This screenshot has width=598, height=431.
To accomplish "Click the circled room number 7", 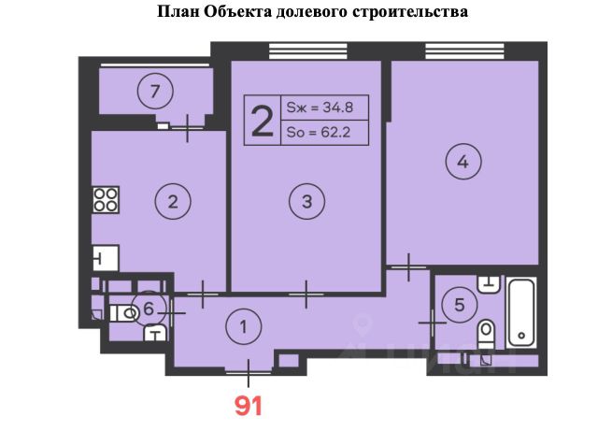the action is (x=155, y=92).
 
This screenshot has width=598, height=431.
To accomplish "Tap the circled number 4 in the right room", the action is (x=463, y=162).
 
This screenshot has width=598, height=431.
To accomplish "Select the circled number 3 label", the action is (x=307, y=201).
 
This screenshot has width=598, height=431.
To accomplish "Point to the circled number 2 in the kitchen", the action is (x=173, y=201).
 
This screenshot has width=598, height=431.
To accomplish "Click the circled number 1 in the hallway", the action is (x=243, y=327).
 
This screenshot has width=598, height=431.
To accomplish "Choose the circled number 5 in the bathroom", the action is (x=460, y=305).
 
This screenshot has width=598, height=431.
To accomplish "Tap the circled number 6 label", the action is (x=149, y=309).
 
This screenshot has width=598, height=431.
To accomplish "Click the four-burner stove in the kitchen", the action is (x=106, y=200).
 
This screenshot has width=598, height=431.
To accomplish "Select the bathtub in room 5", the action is (x=521, y=313).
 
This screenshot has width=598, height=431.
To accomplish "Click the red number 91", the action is (x=249, y=406).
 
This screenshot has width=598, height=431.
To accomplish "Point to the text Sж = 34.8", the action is (x=320, y=108).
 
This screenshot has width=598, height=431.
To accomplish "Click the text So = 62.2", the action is (x=319, y=133).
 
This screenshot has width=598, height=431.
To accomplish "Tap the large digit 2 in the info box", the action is (x=263, y=121).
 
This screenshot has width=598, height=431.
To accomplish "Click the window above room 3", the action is (x=308, y=51).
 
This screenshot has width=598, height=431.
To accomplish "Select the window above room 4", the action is (x=464, y=51).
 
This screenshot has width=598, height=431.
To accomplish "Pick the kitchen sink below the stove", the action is (x=106, y=258).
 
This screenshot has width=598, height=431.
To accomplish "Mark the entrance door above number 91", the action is (x=249, y=372).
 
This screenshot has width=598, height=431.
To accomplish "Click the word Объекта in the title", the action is (x=237, y=12).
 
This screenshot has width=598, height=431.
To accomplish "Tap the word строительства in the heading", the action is (x=410, y=12).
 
